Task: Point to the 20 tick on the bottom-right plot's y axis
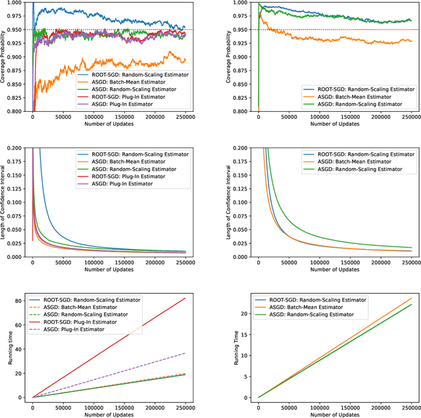(239, 313)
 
